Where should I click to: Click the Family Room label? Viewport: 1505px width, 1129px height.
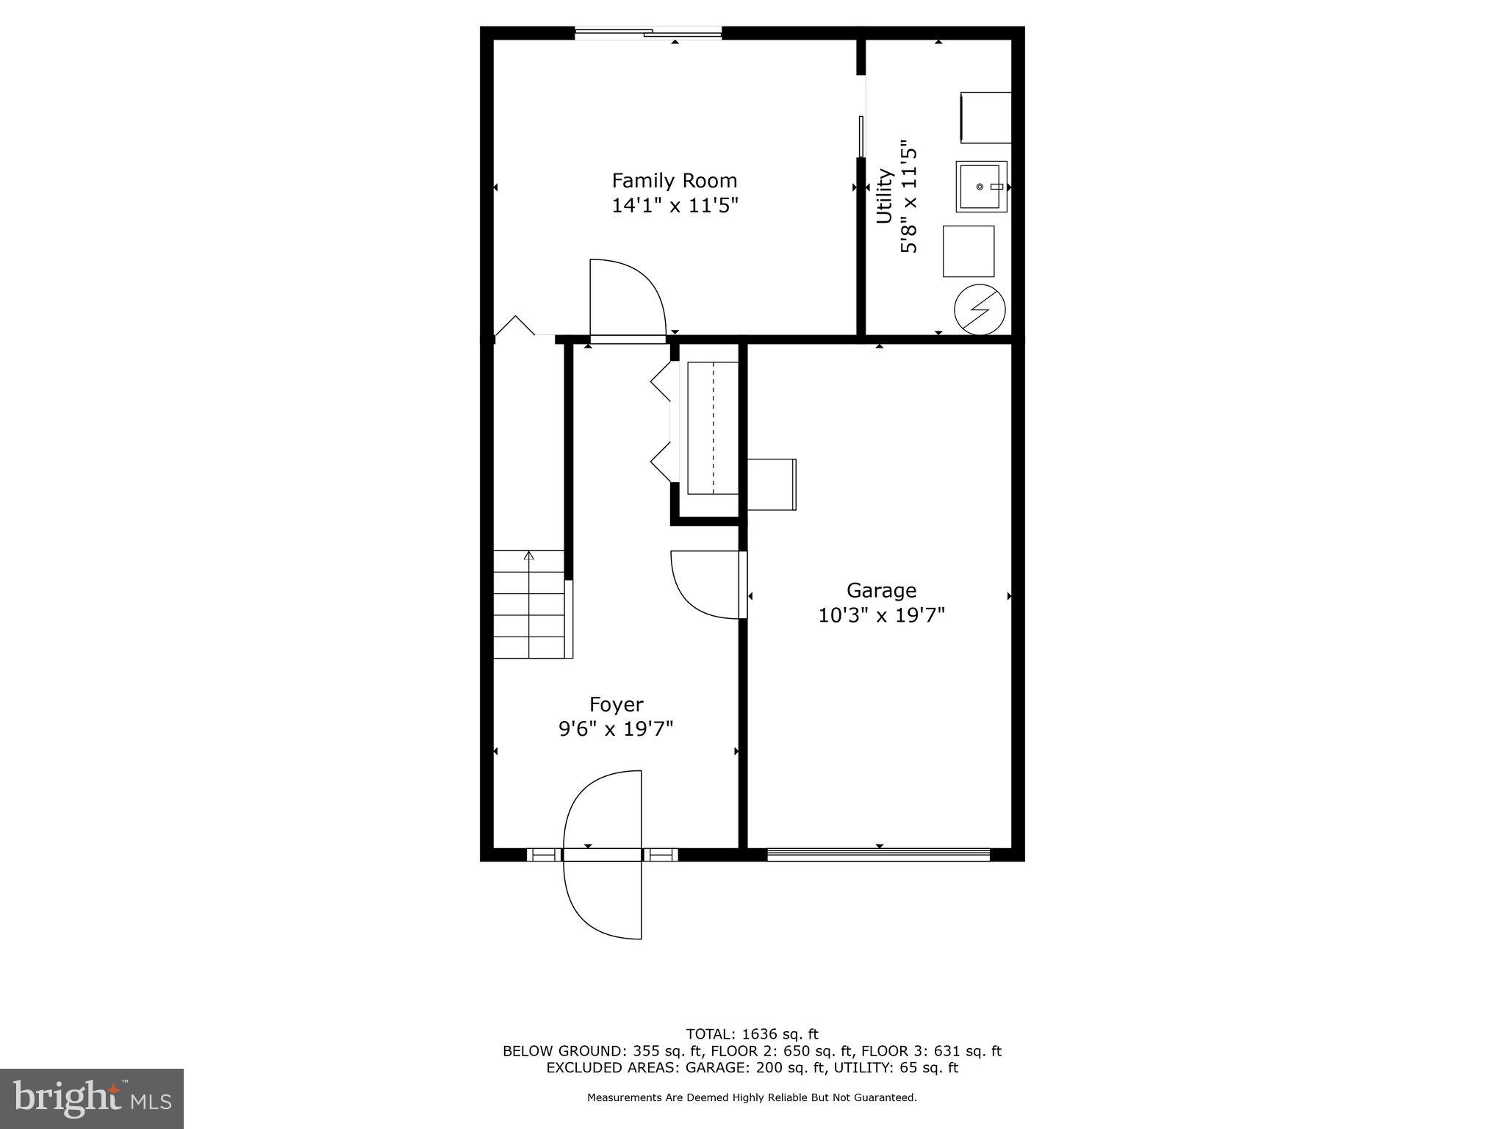click(x=674, y=181)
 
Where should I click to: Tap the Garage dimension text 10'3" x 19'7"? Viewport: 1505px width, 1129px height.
click(x=881, y=615)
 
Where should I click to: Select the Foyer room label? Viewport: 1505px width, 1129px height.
click(x=616, y=705)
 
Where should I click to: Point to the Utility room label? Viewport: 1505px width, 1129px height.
click(x=884, y=196)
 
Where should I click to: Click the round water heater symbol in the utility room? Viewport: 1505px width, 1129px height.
click(x=979, y=311)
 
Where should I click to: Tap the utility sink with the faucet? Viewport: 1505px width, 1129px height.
click(x=981, y=187)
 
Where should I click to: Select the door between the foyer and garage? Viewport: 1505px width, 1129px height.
click(x=705, y=585)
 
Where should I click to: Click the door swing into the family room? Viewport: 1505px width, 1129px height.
click(x=627, y=298)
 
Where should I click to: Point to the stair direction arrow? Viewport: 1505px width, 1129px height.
click(x=528, y=555)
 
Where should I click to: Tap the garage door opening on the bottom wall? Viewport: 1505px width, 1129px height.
click(x=879, y=854)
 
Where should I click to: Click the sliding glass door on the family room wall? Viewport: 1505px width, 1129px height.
click(x=647, y=32)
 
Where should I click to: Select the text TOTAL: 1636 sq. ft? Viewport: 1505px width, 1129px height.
click(x=752, y=1034)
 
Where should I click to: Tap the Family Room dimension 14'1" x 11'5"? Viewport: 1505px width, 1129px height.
click(x=674, y=205)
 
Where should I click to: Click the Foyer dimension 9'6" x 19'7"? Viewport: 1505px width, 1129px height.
click(x=616, y=729)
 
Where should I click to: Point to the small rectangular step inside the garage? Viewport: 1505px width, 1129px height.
click(x=772, y=484)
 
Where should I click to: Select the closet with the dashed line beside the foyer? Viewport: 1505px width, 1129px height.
click(x=712, y=429)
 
